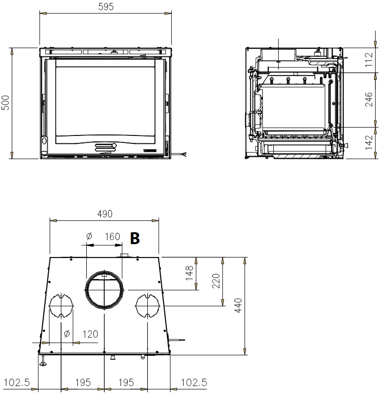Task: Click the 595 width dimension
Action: (x=106, y=7)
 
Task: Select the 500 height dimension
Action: (x=5, y=103)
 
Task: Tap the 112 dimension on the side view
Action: (x=369, y=60)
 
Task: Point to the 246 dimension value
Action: (x=369, y=100)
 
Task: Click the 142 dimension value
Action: (x=369, y=142)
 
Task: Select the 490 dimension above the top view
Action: (x=105, y=214)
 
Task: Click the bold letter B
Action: (x=134, y=238)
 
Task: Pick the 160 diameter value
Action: (x=112, y=237)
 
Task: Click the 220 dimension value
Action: (x=216, y=281)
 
